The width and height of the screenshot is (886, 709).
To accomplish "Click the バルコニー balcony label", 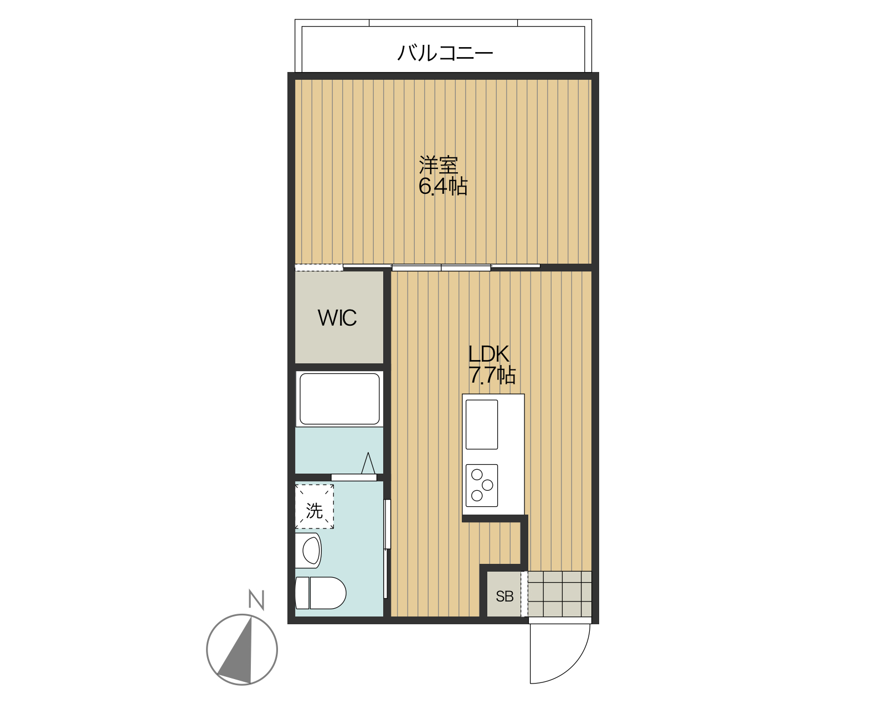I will tap(445, 53).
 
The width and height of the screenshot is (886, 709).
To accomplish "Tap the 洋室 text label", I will tap(438, 165).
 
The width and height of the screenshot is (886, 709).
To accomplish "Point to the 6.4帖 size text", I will tap(442, 186).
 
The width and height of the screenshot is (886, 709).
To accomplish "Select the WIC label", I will tap(337, 318).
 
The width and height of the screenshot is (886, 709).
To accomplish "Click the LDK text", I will tap(488, 353).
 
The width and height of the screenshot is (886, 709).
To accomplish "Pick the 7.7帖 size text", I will tap(492, 376).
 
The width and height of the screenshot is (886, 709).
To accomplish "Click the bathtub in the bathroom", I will tap(339, 399).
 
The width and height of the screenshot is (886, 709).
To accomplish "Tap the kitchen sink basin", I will tap(481, 424).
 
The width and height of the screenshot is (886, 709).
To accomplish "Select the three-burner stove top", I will tap(481, 485).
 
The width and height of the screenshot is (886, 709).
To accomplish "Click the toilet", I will tap(321, 593).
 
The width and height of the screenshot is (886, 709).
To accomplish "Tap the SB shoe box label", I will tap(504, 597).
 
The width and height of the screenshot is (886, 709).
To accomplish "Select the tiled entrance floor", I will tap(559, 594).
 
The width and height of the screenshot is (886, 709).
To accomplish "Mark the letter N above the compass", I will tap(256, 600).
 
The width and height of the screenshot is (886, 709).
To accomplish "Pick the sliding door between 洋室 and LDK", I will tap(441, 268).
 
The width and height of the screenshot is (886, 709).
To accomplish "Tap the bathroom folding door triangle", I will tap(368, 464).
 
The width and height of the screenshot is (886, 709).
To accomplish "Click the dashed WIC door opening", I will tap(319, 268).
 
